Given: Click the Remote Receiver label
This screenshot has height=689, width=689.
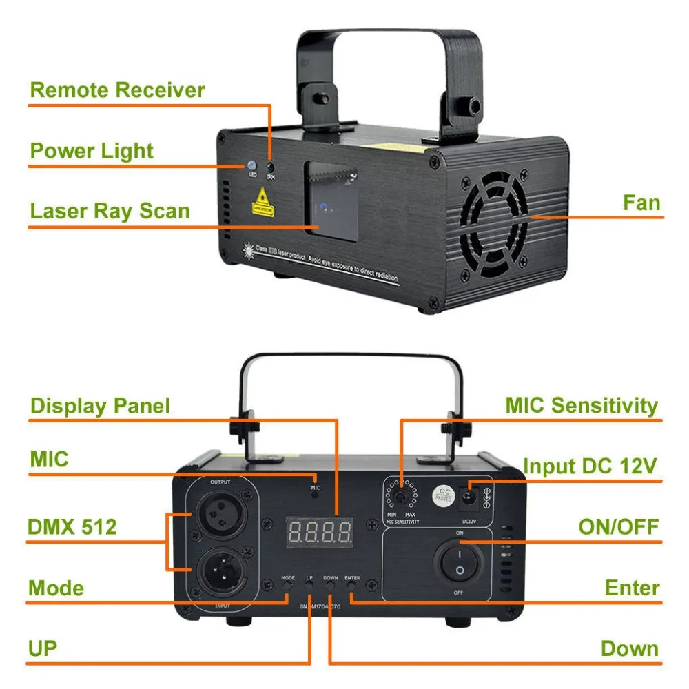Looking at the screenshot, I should (x=117, y=90).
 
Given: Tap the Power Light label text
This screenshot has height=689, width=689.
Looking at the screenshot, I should (x=92, y=151).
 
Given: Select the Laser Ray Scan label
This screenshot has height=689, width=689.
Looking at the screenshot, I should (x=110, y=211).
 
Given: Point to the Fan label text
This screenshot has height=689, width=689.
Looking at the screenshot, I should (x=641, y=203).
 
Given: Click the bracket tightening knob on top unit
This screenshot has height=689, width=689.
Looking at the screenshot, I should (x=475, y=105).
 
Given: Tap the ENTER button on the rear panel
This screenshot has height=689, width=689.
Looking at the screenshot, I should (x=351, y=587).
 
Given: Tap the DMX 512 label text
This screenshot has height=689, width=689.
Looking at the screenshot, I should (x=72, y=528).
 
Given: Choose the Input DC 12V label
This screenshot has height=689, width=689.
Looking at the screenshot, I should (x=589, y=466).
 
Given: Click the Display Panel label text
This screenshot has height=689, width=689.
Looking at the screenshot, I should (x=100, y=406).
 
